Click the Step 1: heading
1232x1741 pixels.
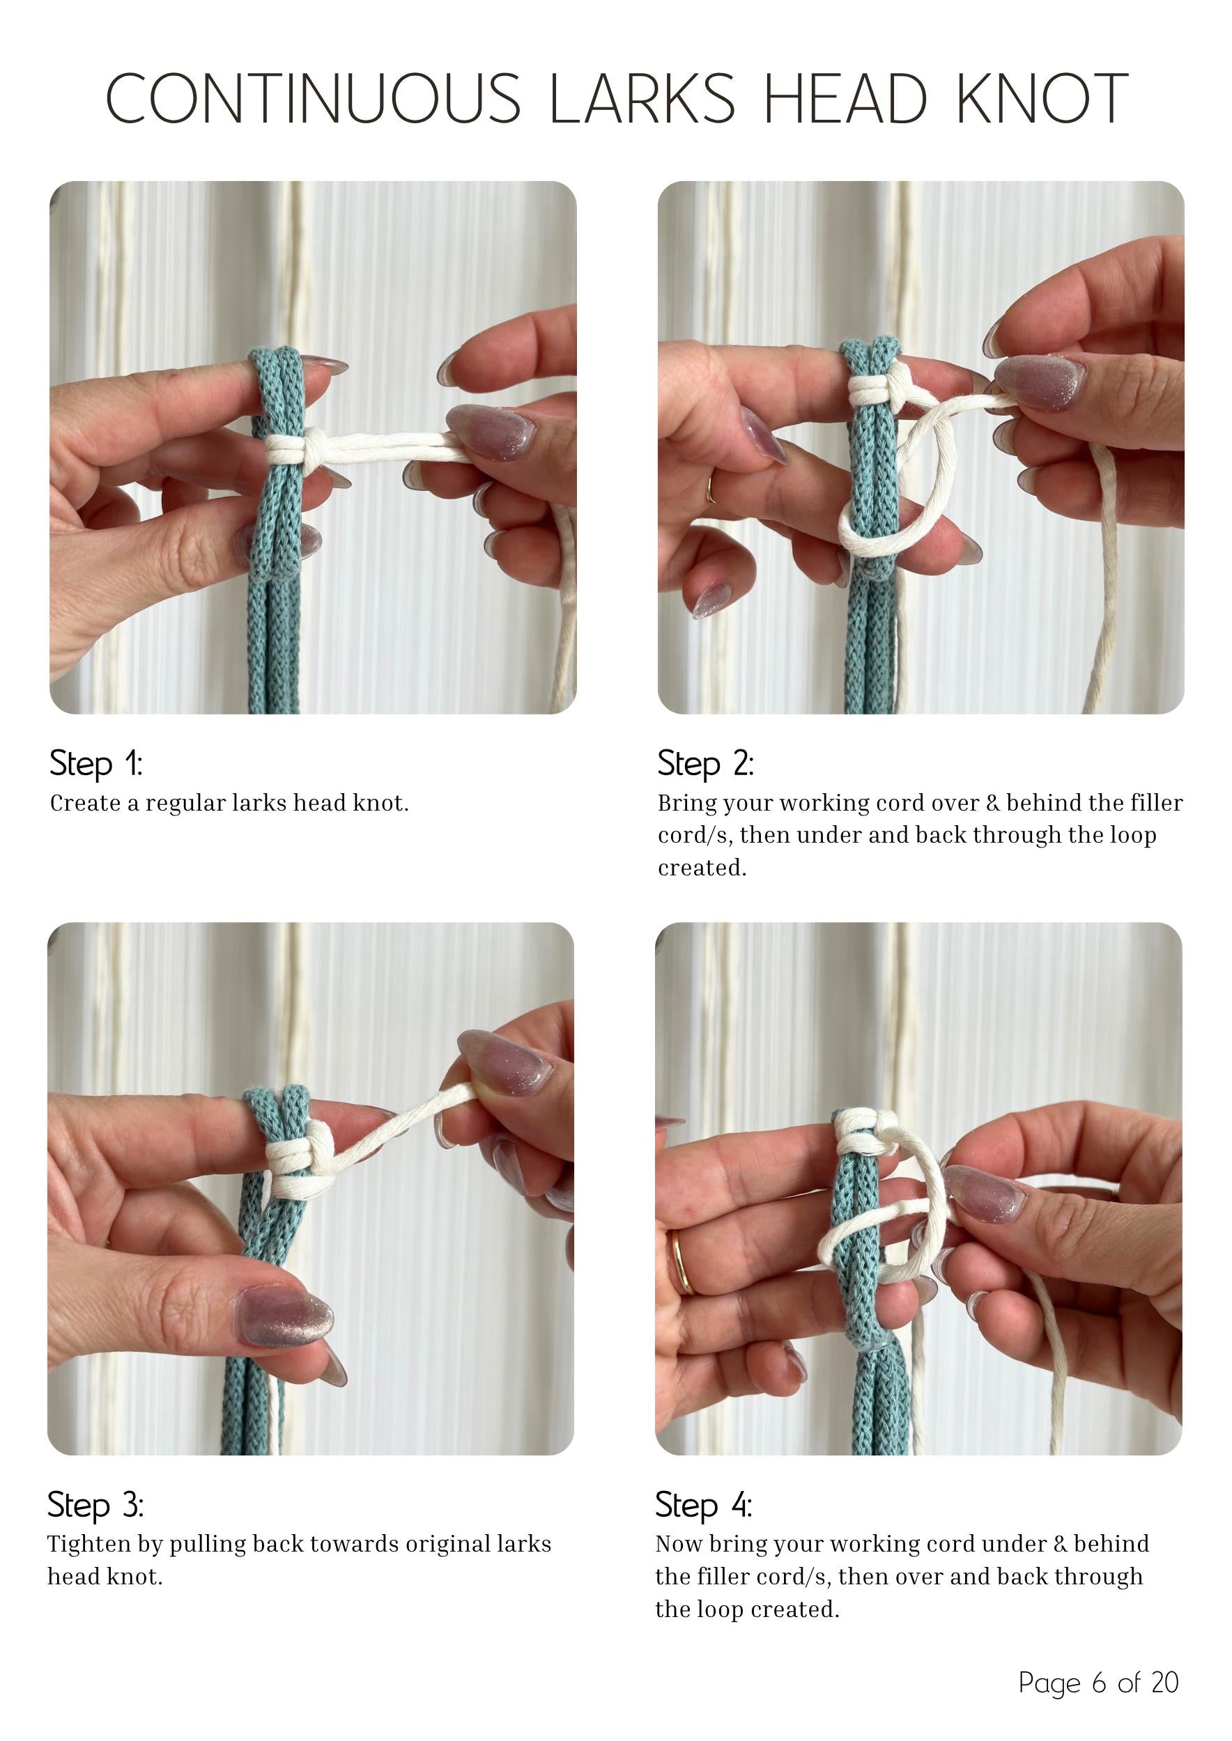95,763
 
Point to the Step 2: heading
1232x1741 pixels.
705,763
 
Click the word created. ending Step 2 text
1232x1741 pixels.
702,868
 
